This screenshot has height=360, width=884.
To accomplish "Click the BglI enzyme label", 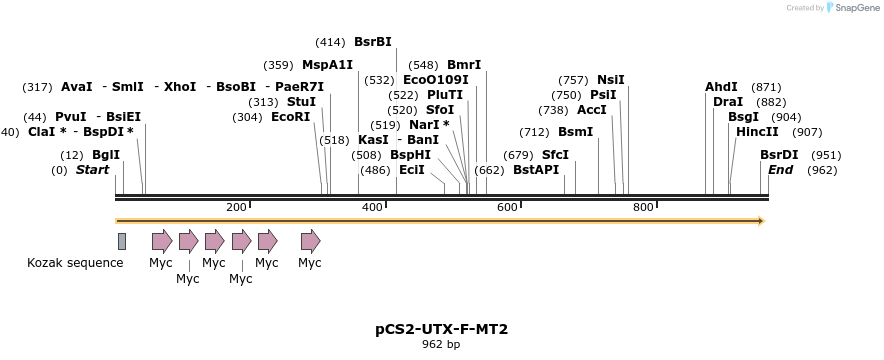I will click(105, 155).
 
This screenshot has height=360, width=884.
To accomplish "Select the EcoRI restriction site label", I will click(290, 117).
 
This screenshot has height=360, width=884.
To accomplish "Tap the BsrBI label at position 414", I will click(373, 42).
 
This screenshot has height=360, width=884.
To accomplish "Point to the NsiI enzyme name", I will click(610, 80).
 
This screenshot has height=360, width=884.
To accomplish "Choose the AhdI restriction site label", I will click(721, 87).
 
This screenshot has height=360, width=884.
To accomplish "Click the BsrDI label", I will click(779, 155).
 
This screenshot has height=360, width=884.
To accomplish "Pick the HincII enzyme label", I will click(757, 132).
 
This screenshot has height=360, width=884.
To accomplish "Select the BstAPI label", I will click(536, 170).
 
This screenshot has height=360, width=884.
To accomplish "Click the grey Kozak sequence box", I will click(122, 241).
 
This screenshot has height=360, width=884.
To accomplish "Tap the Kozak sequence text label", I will click(75, 263).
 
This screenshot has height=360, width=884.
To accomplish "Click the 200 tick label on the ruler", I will click(236, 207).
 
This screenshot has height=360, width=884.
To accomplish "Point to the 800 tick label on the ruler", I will click(642, 207).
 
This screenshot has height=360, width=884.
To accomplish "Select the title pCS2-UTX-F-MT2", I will click(440, 328).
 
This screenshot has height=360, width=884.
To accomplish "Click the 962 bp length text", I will click(440, 345).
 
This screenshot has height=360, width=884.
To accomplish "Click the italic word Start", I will click(92, 170).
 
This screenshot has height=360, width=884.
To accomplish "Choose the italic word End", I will click(780, 170).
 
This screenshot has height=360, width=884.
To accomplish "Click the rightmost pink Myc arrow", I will click(311, 241).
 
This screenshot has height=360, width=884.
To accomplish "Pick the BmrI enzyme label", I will click(464, 64).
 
